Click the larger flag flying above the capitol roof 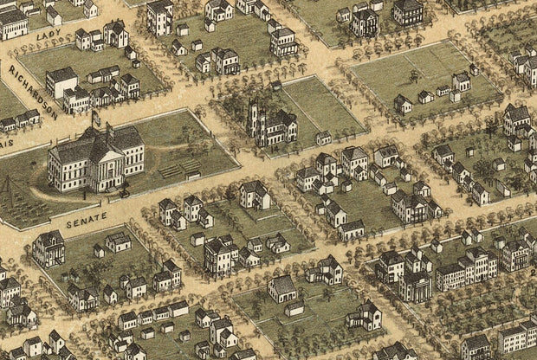[x=96, y=115]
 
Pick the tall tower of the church [x=255, y=121]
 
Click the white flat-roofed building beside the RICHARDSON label [x=61, y=81]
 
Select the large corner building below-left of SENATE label [x=49, y=248]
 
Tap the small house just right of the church [x=323, y=138]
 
